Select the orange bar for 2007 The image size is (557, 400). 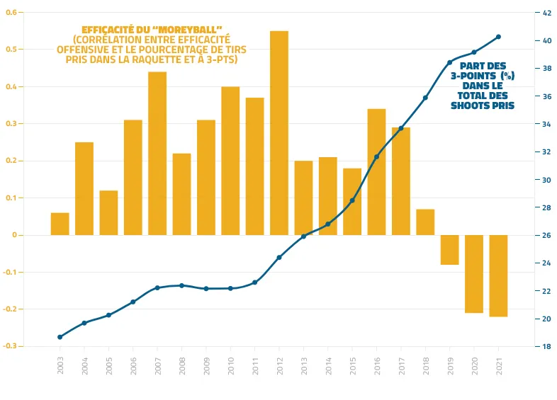(157, 154)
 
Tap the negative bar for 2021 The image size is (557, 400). (498, 275)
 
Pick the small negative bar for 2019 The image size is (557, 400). (449, 250)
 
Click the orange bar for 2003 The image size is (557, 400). (60, 224)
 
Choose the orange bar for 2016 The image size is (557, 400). (376, 172)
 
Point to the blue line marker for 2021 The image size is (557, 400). (498, 37)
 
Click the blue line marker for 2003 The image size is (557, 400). (60, 337)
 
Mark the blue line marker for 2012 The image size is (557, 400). (279, 257)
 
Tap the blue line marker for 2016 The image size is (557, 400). (376, 156)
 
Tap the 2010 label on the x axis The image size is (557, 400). (230, 365)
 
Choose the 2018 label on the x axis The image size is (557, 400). (425, 365)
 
